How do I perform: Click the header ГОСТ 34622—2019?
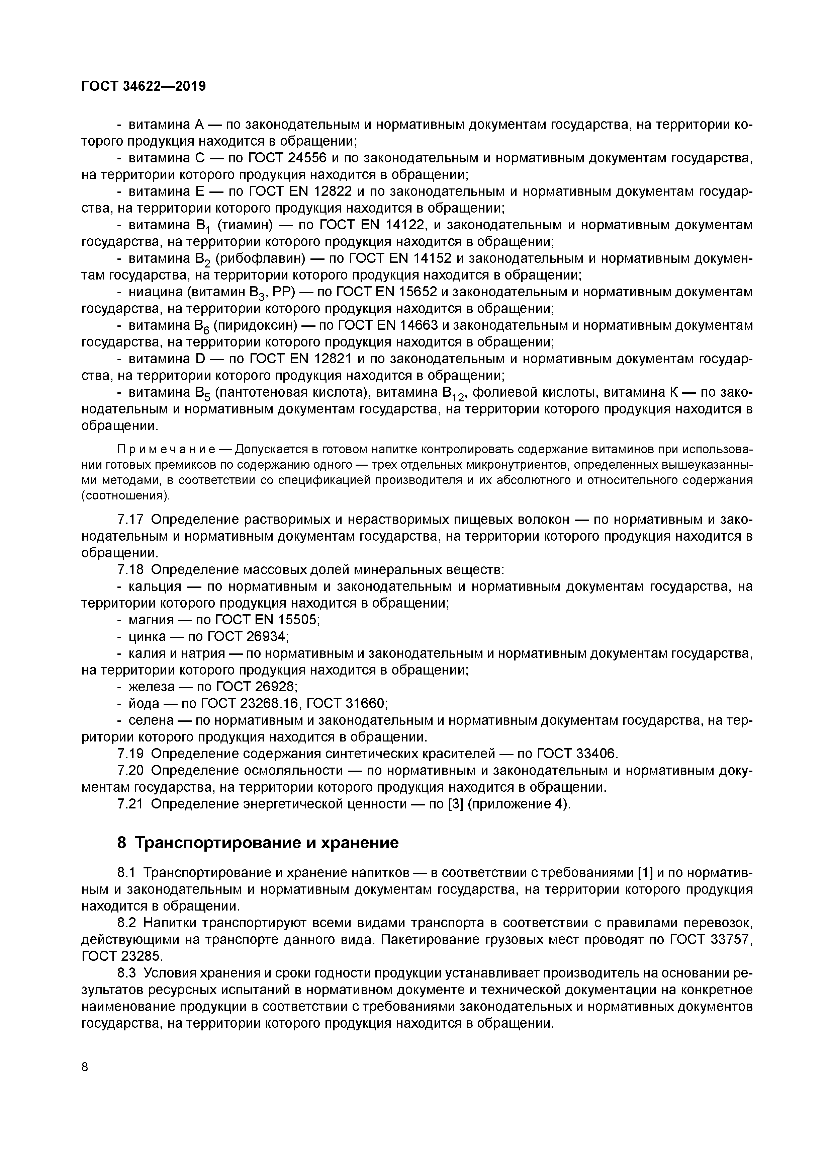144,86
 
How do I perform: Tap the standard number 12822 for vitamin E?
328,192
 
